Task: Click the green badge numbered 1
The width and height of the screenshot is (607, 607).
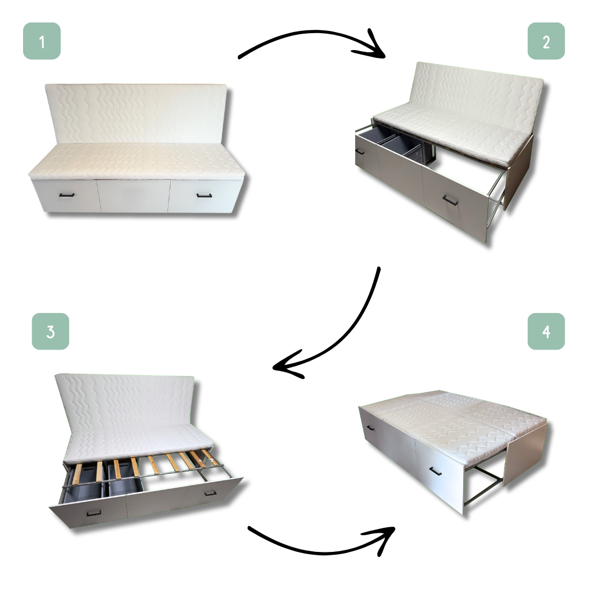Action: pos(42,41)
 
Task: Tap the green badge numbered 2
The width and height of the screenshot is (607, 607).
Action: pos(546,41)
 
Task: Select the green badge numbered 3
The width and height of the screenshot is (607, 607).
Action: pos(51,332)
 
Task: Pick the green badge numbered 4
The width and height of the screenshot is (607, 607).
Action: pos(546,332)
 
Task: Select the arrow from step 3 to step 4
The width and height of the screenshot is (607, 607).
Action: pos(321,552)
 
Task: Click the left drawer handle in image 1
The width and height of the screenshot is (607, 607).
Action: pos(66,195)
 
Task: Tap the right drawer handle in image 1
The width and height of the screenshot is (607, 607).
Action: pos(204,196)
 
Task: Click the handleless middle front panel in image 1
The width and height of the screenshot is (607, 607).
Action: pos(134,196)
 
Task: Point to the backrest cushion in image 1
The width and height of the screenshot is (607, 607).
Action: pos(136,113)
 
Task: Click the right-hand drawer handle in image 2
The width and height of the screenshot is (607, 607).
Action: pos(450,200)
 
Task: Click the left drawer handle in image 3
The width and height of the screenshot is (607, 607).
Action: pos(94,513)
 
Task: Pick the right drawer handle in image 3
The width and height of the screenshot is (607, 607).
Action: pos(210,493)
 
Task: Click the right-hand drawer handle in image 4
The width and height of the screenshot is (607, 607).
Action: pos(436,472)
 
